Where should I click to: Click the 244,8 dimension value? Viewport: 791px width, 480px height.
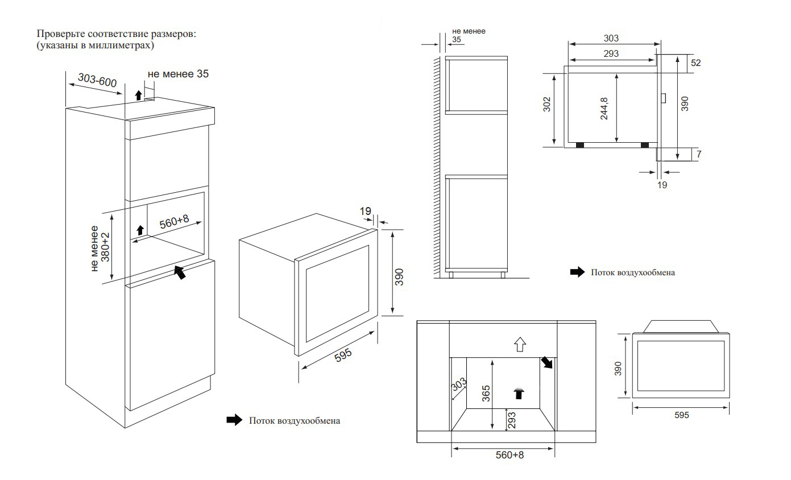tap(604, 109)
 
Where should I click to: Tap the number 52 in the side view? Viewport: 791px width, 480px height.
tap(695, 63)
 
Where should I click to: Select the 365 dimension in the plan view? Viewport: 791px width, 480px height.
tap(486, 393)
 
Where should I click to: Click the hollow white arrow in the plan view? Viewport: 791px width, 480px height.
tap(520, 343)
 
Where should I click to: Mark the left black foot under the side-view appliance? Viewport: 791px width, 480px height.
tap(579, 145)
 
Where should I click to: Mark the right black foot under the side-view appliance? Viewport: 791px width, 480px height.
tap(644, 145)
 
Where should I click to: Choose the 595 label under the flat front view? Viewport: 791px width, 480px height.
tap(681, 416)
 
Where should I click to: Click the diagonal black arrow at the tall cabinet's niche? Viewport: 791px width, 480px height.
tap(179, 272)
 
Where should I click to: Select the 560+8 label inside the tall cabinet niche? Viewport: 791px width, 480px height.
tap(174, 222)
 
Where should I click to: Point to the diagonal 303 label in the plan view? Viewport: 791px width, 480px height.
tap(459, 387)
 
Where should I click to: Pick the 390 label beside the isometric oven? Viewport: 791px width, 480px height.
tap(399, 276)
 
